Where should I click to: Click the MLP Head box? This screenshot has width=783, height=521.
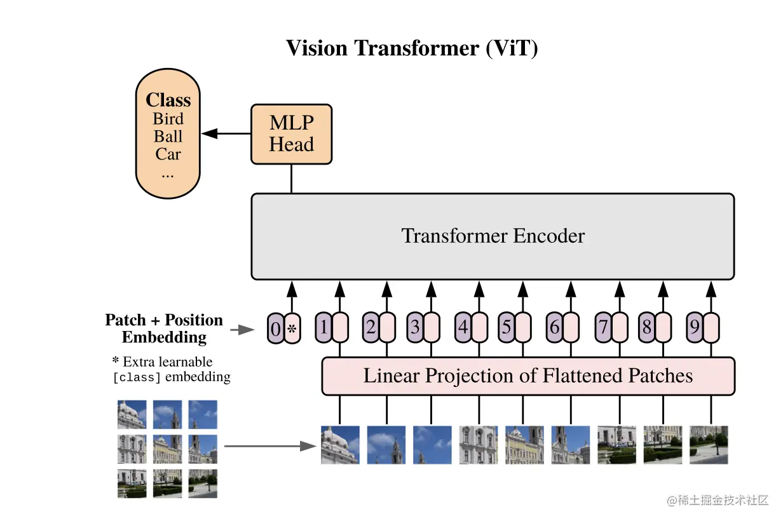pyautogui.click(x=292, y=134)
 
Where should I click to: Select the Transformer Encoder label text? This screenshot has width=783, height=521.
pyautogui.click(x=493, y=236)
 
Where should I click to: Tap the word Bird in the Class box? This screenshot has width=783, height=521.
pyautogui.click(x=168, y=119)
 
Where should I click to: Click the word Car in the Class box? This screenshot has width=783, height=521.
pyautogui.click(x=168, y=154)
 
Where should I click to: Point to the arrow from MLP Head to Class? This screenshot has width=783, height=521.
pyautogui.click(x=226, y=133)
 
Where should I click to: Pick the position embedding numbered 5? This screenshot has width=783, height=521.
pyautogui.click(x=506, y=328)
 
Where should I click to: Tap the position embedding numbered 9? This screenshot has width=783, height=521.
pyautogui.click(x=694, y=328)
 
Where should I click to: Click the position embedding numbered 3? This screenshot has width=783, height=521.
pyautogui.click(x=415, y=328)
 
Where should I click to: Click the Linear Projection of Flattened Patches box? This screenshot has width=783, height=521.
pyautogui.click(x=528, y=376)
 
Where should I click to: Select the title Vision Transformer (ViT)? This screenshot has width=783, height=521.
pyautogui.click(x=412, y=48)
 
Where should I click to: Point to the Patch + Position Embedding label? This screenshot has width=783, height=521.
pyautogui.click(x=164, y=328)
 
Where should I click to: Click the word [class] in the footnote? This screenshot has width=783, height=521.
pyautogui.click(x=137, y=377)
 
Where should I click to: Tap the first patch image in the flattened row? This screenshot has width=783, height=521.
pyautogui.click(x=340, y=445)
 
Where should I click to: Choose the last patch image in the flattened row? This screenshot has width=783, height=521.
pyautogui.click(x=709, y=445)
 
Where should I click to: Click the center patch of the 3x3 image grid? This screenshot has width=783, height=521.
pyautogui.click(x=167, y=449)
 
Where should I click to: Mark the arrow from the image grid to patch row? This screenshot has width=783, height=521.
pyautogui.click(x=270, y=446)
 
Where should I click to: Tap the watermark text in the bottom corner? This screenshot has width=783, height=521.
pyautogui.click(x=718, y=501)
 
